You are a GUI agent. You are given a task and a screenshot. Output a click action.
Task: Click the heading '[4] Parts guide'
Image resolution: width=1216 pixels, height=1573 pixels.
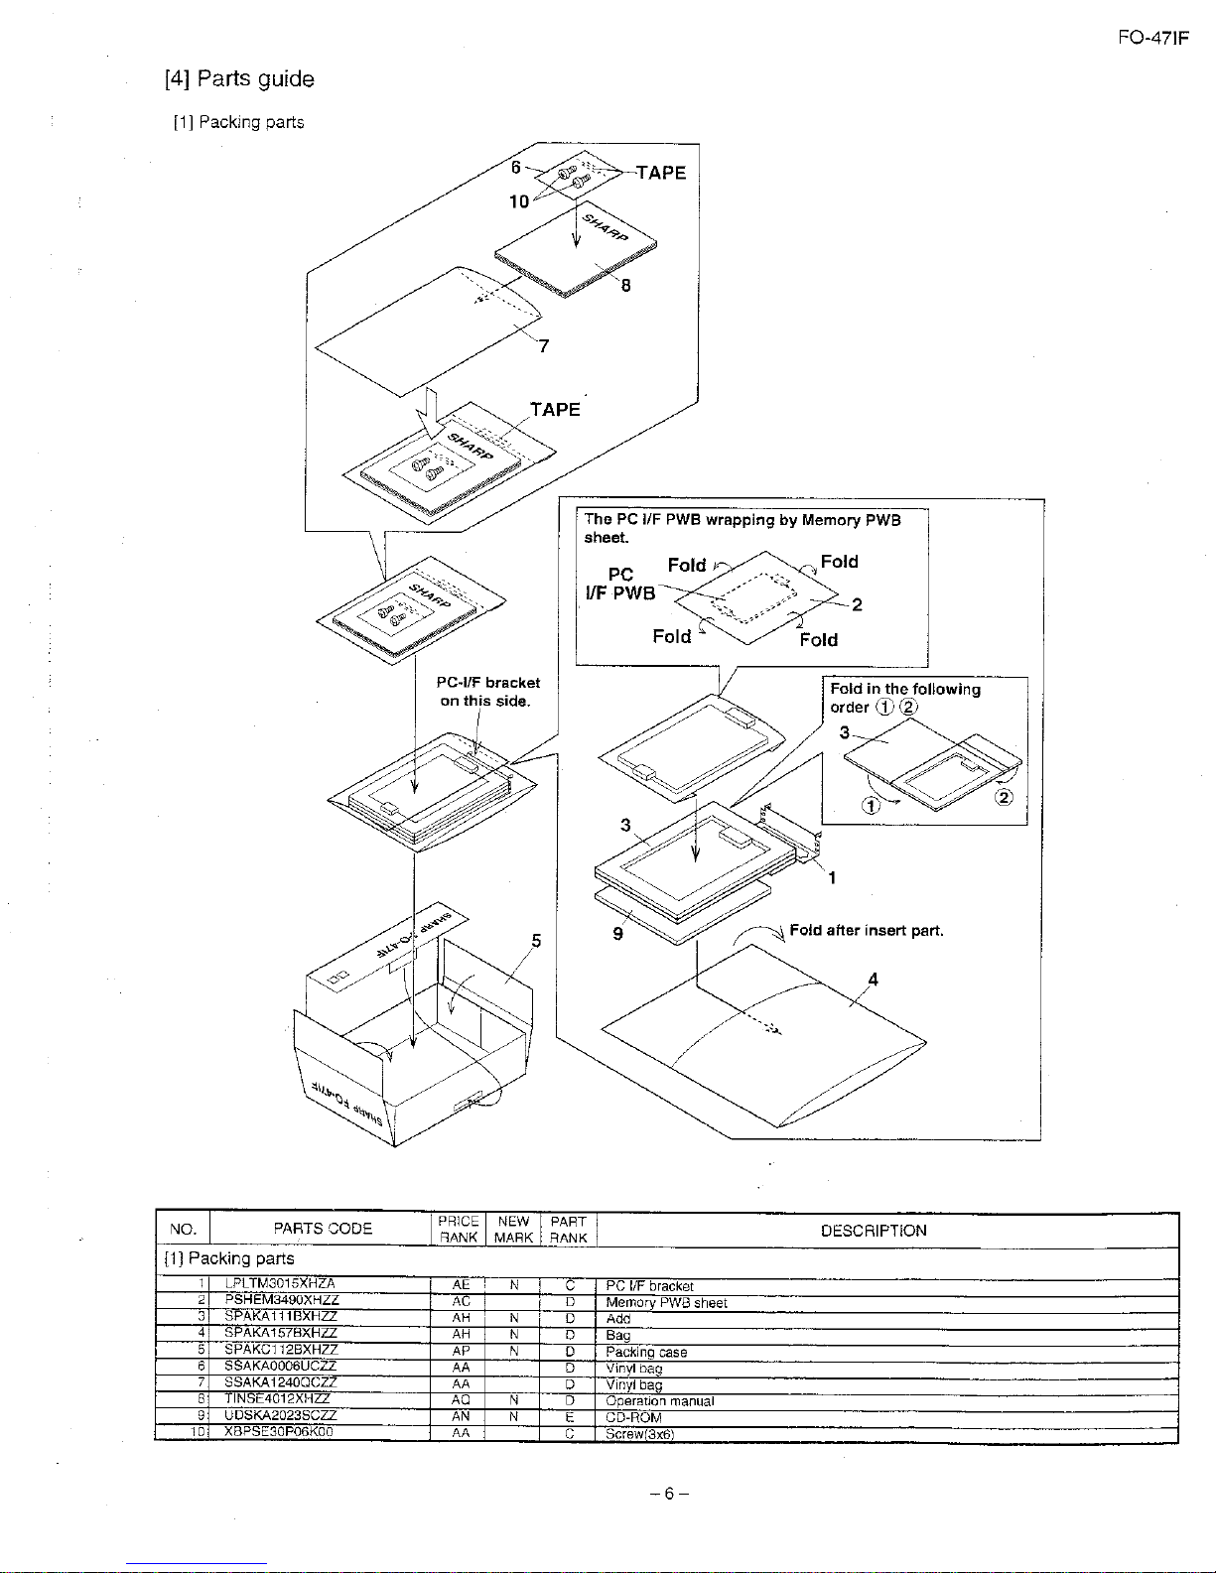[x=239, y=79]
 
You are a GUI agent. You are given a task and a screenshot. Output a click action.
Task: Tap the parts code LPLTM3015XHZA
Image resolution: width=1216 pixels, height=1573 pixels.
[x=281, y=1285]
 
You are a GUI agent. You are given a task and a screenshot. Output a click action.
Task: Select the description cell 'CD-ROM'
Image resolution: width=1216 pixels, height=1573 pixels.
[x=633, y=1417]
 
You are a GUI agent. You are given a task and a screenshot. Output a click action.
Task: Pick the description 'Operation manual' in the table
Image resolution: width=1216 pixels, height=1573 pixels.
[x=659, y=1401]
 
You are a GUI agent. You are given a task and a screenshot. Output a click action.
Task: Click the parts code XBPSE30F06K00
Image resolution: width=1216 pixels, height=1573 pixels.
[x=281, y=1432]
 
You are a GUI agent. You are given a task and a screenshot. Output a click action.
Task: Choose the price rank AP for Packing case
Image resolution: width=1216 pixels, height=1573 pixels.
[x=460, y=1351]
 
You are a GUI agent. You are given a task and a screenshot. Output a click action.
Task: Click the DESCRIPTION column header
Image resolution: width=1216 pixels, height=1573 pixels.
[x=873, y=1231]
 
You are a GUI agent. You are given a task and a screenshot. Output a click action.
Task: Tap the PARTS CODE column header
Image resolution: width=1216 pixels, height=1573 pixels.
[x=323, y=1229]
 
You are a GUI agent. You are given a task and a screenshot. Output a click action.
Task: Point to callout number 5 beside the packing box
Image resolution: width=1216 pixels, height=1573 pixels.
[x=536, y=940]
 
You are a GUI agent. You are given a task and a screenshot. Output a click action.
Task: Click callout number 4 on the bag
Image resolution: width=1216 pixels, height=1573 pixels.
[x=873, y=980]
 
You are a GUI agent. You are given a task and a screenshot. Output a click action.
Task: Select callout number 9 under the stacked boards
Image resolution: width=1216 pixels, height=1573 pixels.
[x=617, y=933]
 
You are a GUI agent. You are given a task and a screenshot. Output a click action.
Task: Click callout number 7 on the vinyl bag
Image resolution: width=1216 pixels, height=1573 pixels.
[x=544, y=345]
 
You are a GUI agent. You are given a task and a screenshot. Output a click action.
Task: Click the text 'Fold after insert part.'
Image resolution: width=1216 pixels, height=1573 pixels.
[x=866, y=931]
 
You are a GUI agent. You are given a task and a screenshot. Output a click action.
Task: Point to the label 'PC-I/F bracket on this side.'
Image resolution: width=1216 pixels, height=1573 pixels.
[x=487, y=692]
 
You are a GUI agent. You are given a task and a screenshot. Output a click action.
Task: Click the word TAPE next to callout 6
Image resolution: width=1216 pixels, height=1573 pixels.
[x=661, y=173]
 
